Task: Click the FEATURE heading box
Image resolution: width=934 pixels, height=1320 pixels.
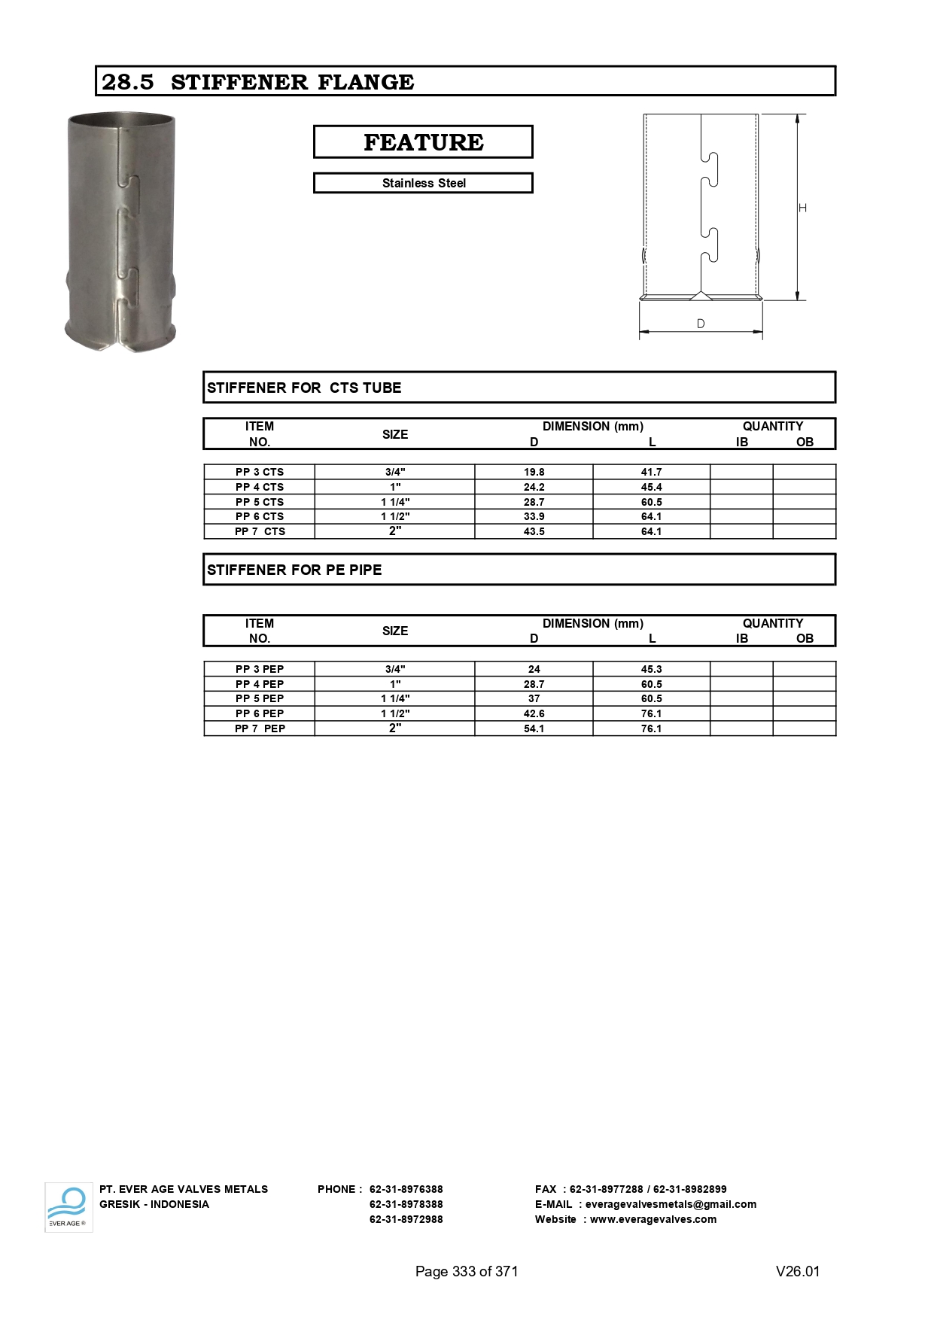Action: coord(423,142)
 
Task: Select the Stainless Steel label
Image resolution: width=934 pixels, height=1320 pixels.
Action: coord(423,183)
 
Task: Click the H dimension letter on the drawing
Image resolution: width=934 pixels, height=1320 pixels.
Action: coord(802,208)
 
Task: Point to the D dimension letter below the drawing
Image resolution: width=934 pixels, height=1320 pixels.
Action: coord(701,324)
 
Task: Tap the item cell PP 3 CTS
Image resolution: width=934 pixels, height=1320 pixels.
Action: coord(260,472)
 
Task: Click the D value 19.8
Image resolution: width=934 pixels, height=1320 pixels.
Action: coord(534,472)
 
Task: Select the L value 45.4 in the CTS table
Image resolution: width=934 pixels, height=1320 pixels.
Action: coord(651,487)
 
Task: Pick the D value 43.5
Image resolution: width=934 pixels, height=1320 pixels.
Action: coord(534,531)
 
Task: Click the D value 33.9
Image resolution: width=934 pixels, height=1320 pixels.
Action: coord(534,516)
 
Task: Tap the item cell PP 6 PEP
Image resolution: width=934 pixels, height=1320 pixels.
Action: coord(260,713)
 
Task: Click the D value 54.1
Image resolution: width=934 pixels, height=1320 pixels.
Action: coord(534,728)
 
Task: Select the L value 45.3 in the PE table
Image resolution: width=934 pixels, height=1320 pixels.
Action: coord(651,669)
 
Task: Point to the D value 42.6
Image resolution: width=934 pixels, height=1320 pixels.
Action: coord(534,713)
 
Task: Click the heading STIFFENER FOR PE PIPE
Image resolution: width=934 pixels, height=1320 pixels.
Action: coord(294,570)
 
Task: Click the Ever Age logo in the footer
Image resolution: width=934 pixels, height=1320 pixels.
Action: coord(68,1206)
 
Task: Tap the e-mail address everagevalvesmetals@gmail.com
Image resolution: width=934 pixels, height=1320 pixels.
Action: coord(671,1204)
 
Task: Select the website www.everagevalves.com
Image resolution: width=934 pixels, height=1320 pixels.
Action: coord(653,1219)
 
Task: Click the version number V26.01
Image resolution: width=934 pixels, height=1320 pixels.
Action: coord(797,1271)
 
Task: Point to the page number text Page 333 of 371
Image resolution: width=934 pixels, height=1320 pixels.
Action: coord(467,1271)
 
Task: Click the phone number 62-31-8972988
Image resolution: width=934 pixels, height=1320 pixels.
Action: coord(406,1219)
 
